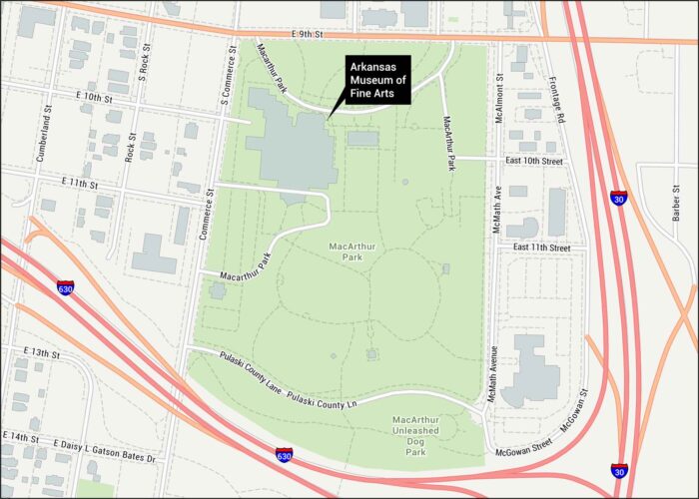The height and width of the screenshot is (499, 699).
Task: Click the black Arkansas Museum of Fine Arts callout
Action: coord(377,78)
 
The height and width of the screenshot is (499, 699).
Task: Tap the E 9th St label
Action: coord(309,34)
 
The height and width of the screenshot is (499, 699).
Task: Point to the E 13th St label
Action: coord(41,353)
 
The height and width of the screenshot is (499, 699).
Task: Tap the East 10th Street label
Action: coord(537,160)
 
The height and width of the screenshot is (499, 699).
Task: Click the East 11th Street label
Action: coord(541,247)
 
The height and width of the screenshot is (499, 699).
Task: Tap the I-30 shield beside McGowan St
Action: coord(619,470)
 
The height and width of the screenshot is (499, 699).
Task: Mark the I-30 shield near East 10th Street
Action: coord(619,198)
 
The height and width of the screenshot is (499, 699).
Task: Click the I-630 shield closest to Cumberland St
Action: coord(66,287)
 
